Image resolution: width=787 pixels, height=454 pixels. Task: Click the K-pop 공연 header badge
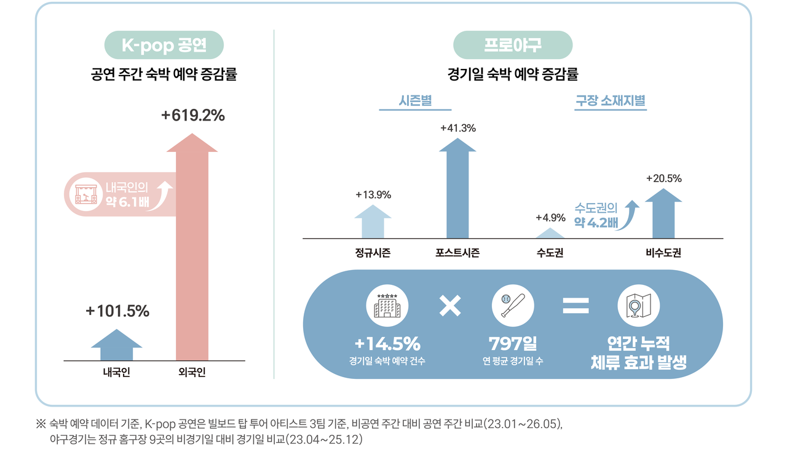click(x=164, y=45)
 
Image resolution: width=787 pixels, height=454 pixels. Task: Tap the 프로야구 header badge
click(x=513, y=45)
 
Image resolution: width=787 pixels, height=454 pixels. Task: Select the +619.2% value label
click(x=193, y=115)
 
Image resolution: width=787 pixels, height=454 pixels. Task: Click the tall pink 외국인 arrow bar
click(x=192, y=247)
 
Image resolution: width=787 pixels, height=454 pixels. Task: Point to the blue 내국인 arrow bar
click(x=117, y=345)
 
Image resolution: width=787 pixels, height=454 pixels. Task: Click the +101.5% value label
click(x=117, y=311)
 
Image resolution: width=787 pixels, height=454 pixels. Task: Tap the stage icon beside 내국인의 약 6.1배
click(x=86, y=194)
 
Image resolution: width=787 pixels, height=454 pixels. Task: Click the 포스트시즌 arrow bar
click(x=457, y=188)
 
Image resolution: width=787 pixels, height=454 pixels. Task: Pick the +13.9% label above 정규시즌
click(x=373, y=194)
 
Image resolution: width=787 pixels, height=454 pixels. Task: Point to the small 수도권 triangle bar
click(x=550, y=233)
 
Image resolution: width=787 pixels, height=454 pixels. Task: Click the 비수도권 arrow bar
click(x=663, y=213)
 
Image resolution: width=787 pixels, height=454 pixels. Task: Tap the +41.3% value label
click(x=458, y=128)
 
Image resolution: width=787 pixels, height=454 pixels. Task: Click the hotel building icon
click(x=387, y=305)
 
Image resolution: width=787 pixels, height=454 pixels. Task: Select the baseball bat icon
click(x=513, y=305)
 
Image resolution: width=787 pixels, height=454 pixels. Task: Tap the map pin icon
click(x=638, y=305)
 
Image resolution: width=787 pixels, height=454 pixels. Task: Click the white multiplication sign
click(x=450, y=306)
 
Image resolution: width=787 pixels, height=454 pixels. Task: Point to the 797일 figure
click(x=513, y=343)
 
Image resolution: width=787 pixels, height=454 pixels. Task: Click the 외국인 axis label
click(x=192, y=372)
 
